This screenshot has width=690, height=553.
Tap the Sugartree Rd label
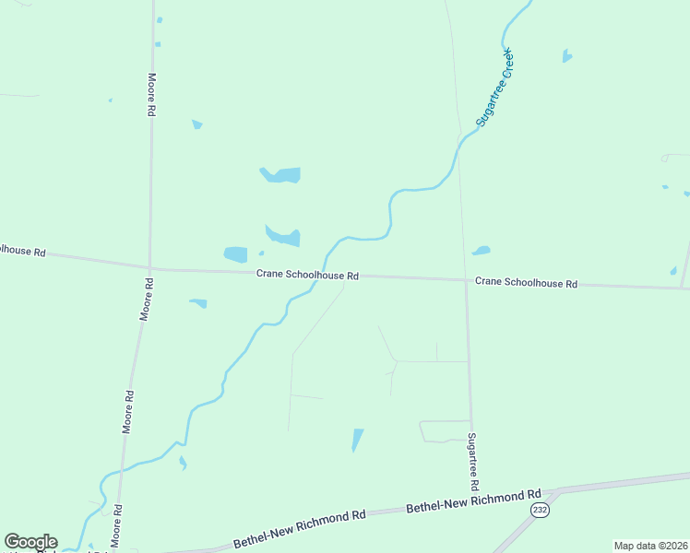click(472, 461)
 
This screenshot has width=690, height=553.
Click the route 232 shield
click(541, 510)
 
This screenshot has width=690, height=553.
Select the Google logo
click(30, 542)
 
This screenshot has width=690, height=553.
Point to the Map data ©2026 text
click(650, 546)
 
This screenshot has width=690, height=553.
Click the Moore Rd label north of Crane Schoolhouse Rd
click(151, 94)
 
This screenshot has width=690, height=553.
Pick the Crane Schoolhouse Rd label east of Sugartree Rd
click(526, 283)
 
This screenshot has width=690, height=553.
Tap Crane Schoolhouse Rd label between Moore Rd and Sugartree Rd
click(307, 275)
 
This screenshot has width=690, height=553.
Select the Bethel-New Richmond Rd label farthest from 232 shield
click(301, 529)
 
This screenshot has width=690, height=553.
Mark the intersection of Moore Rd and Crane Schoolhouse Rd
click(149, 269)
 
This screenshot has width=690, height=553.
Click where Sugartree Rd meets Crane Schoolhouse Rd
click(466, 280)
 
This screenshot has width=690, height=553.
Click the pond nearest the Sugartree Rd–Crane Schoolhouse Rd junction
click(481, 250)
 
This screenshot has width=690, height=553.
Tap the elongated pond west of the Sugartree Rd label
click(357, 440)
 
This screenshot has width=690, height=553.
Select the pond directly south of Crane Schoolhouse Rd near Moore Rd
click(198, 302)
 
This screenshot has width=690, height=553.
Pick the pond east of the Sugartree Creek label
click(566, 56)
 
